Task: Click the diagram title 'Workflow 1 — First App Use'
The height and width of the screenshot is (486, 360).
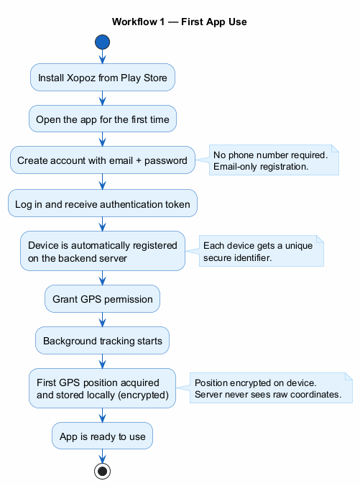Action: pyautogui.click(x=180, y=22)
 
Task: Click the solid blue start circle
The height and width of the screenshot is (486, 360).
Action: pyautogui.click(x=102, y=42)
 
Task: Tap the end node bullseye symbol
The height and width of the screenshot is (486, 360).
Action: pyautogui.click(x=102, y=471)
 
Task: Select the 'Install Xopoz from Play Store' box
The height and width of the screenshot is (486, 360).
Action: pyautogui.click(x=102, y=78)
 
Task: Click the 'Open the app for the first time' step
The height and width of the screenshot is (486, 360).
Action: pyautogui.click(x=102, y=119)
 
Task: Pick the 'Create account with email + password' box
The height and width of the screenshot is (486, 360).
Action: pyautogui.click(x=102, y=160)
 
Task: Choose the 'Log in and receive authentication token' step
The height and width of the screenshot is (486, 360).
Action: pyautogui.click(x=102, y=204)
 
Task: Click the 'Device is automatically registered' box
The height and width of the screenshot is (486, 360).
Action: pyautogui.click(x=102, y=251)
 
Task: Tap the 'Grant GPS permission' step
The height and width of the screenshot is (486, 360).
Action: pyautogui.click(x=102, y=299)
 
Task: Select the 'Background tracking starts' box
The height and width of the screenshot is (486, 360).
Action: pyautogui.click(x=102, y=341)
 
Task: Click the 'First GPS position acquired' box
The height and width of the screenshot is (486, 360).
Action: pyautogui.click(x=102, y=388)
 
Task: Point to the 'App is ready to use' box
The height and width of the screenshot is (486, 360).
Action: pyautogui.click(x=102, y=436)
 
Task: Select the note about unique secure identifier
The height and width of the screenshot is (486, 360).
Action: pyautogui.click(x=261, y=251)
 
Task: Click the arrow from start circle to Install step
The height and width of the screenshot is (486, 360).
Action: pyautogui.click(x=102, y=57)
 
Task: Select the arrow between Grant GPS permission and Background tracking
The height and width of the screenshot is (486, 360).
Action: pyautogui.click(x=102, y=320)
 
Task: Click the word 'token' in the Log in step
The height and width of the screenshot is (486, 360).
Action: pyautogui.click(x=177, y=204)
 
